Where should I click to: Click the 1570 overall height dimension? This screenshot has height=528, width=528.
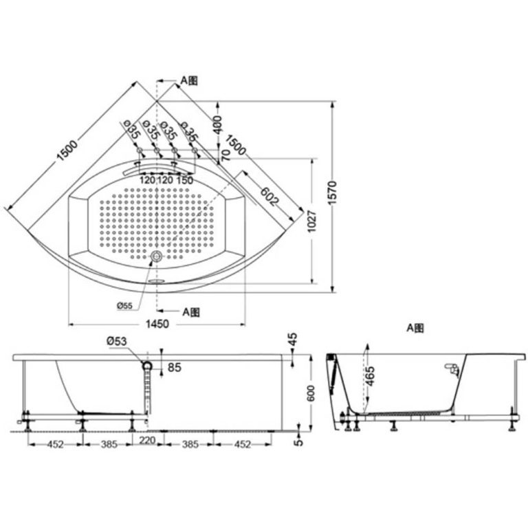pos(332,192)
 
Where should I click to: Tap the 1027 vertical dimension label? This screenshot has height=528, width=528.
pos(312,221)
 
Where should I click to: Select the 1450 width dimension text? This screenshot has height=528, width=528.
pos(157,324)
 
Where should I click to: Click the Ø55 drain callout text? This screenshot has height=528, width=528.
pos(124,306)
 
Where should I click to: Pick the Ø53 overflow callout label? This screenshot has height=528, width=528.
pos(116,341)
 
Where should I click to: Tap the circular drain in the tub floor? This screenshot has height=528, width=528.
pos(156,256)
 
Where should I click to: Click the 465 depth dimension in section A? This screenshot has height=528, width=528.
pos(370,376)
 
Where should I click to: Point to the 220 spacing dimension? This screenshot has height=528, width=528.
pos(147,440)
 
